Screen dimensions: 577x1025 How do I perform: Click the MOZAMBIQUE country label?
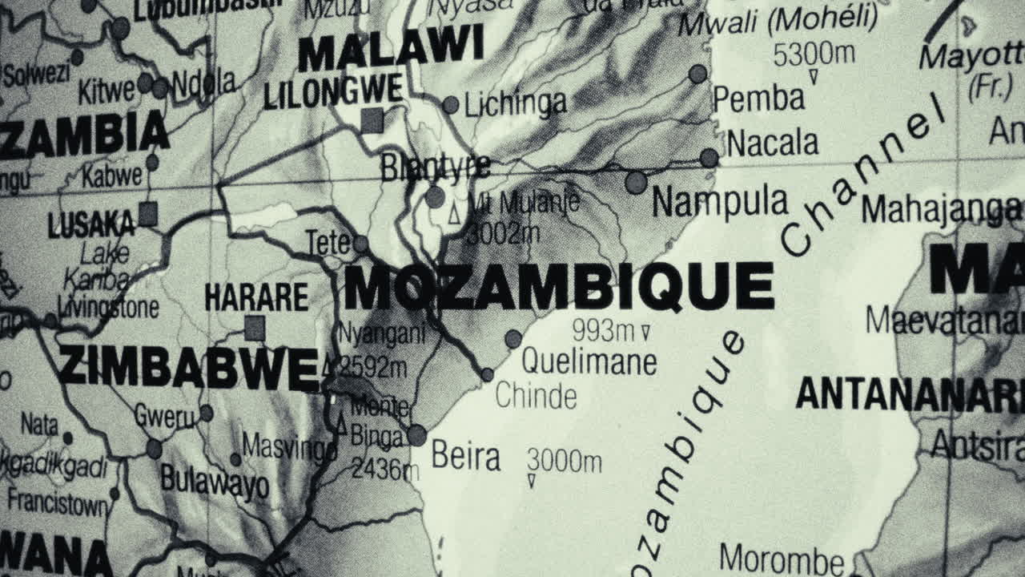[x=559, y=287]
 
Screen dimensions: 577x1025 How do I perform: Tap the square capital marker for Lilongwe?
[x=372, y=121]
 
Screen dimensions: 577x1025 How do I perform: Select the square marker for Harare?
[x=255, y=328]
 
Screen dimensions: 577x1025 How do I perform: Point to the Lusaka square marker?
[x=147, y=214]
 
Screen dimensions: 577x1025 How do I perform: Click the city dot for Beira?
[x=416, y=435]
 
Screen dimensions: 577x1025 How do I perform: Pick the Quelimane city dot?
[x=513, y=339]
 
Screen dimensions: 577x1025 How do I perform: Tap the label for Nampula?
[x=720, y=201]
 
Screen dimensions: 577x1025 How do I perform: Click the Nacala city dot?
[x=709, y=158]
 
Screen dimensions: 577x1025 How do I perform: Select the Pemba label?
[x=758, y=99]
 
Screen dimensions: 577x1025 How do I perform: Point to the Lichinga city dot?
[x=451, y=105]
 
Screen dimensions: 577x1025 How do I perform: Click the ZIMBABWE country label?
[x=189, y=368]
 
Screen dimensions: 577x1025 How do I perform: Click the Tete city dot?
[x=360, y=244]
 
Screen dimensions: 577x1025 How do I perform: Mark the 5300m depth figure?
[x=814, y=54]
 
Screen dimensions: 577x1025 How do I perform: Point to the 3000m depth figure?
[x=564, y=461]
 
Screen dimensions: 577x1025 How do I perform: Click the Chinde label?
[x=536, y=396]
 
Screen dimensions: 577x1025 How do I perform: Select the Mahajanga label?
[x=941, y=210]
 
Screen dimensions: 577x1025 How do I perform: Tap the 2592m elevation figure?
[x=372, y=367]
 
